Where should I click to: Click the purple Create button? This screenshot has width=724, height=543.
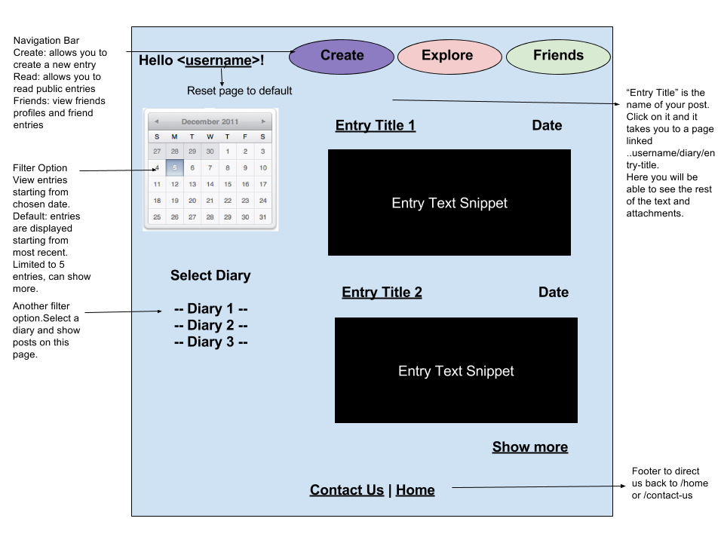342,56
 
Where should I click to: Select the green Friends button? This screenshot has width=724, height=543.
558,56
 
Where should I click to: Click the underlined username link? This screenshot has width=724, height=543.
218,60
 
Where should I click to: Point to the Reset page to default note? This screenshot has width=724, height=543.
239,91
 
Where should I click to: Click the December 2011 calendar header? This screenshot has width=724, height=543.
210,121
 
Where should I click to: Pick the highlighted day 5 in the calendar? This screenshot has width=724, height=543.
175,168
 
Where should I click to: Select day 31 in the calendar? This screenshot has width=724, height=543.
262,217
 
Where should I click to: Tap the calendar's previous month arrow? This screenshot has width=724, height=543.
156,121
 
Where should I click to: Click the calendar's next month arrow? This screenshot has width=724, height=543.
263,121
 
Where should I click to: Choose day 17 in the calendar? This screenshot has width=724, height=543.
262,184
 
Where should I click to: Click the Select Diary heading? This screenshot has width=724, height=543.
210,276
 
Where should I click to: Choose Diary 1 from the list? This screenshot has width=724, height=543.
210,309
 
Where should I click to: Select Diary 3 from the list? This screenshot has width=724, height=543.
210,342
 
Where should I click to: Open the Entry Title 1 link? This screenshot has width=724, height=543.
375,126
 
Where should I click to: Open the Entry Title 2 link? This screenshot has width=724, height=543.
382,293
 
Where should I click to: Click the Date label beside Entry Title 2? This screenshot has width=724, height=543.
554,293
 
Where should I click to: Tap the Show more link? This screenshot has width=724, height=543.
529,447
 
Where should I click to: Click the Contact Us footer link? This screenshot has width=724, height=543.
346,490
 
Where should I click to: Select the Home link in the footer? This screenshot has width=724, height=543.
415,490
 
